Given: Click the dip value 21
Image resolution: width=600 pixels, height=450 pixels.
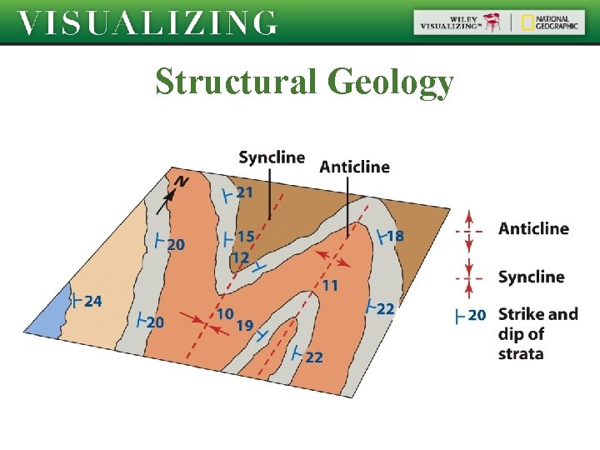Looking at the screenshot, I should tap(244, 192).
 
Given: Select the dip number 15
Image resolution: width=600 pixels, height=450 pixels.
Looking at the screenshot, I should tap(245, 237).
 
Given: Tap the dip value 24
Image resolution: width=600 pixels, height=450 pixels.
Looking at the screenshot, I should tap(92, 300).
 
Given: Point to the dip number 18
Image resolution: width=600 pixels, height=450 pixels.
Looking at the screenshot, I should tap(395, 236).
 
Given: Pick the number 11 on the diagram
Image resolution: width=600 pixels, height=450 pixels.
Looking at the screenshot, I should tap(330, 285).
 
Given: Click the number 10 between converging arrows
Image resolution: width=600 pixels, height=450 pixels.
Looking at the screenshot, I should tap(225, 314).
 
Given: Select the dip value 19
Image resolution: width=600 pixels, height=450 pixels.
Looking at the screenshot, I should tap(245, 326).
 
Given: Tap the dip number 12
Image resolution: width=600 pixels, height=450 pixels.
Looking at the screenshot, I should tap(240, 257).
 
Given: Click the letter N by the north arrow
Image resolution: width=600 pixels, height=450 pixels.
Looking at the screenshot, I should tap(181, 182).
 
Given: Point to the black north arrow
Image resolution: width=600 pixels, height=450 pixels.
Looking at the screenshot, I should tap(167, 197).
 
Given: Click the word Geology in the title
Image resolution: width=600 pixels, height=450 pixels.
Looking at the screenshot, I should tap(391, 82).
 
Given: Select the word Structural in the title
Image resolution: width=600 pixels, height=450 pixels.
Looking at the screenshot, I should tap(235, 82).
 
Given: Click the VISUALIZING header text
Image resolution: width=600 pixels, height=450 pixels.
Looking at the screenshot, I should tap(147, 22).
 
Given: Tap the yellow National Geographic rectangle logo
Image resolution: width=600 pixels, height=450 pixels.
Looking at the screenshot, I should tap(527, 22).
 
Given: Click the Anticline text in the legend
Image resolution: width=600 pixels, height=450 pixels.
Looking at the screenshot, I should tap(533, 228).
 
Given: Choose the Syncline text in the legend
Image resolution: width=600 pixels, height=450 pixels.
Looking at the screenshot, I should tap(531, 277).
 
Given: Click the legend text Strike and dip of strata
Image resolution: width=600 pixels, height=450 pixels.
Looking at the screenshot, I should tap(537, 333).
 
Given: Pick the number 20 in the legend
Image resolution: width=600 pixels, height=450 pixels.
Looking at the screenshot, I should tap(477, 315).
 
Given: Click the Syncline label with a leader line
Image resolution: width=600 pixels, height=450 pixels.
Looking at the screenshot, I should tap(272, 157).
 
